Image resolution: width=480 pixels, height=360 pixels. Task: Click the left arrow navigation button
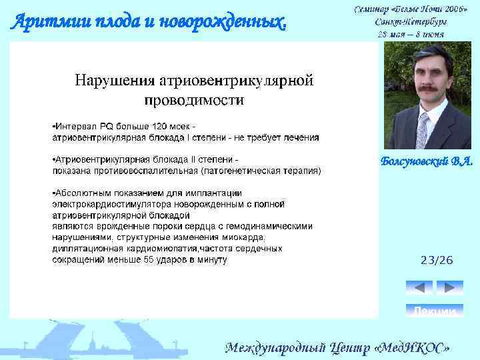tap(419, 287)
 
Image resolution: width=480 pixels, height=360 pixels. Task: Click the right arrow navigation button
tap(449, 287)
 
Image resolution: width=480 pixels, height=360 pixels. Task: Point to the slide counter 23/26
tap(436, 260)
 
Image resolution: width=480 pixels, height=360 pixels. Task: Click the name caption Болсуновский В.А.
tap(426, 161)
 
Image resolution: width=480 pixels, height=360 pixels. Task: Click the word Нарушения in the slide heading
tap(114, 81)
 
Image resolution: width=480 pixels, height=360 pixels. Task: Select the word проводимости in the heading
tap(194, 101)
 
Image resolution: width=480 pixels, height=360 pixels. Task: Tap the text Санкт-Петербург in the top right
tap(412, 21)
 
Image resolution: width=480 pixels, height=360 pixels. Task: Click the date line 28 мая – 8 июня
tap(411, 33)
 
